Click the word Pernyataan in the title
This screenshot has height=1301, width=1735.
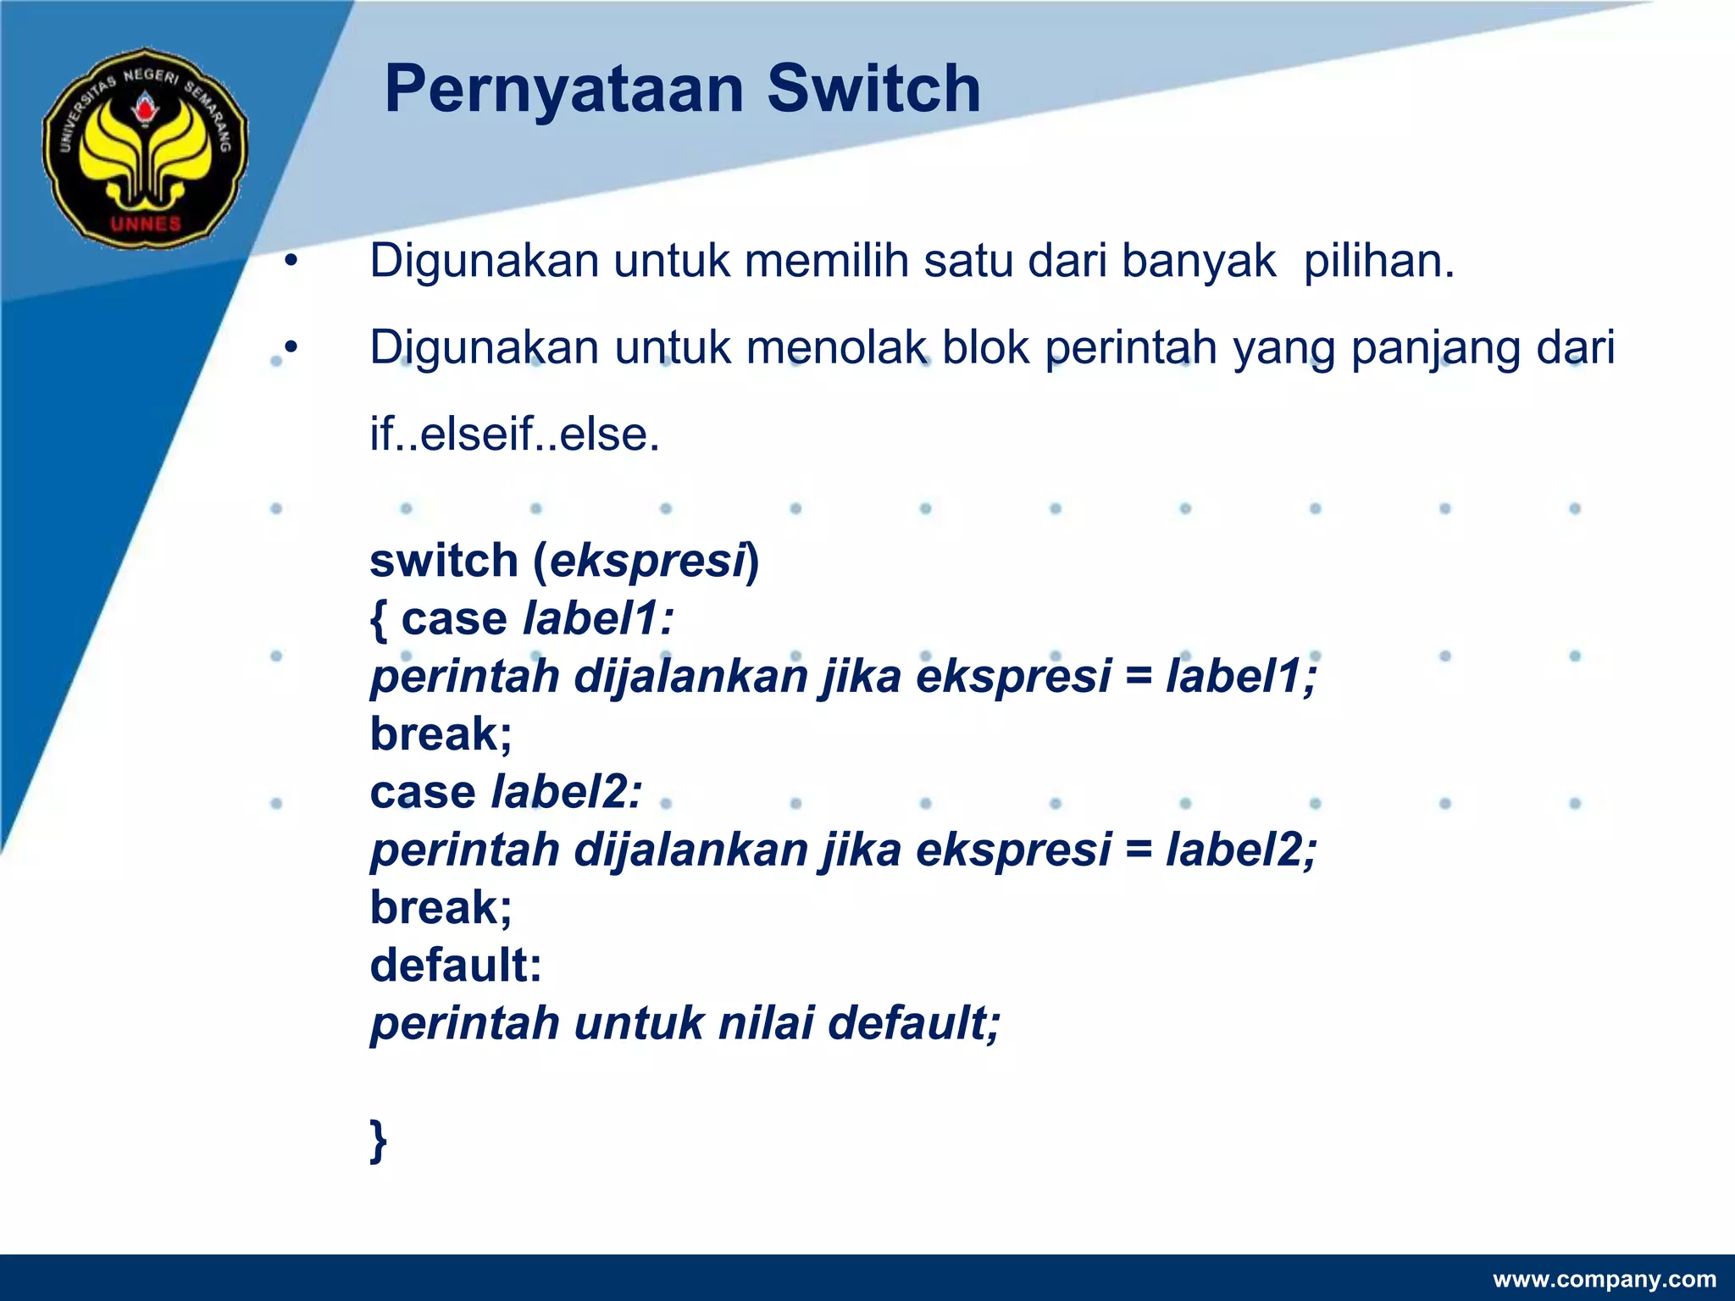tap(563, 89)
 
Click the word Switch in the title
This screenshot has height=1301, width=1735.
tap(873, 89)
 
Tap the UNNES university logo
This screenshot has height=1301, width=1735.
tap(146, 147)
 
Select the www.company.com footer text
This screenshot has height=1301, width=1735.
tap(1604, 1279)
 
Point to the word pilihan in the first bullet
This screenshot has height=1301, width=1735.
tap(1378, 261)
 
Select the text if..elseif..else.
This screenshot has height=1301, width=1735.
tap(514, 435)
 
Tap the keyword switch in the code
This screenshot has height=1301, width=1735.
tap(444, 561)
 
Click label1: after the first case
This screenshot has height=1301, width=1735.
tap(598, 618)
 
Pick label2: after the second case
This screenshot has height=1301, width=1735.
tap(567, 792)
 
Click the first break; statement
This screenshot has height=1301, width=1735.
tap(441, 734)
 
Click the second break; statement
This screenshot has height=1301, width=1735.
tap(441, 907)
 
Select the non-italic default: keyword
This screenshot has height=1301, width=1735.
tap(456, 965)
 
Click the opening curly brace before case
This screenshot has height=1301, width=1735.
tap(378, 619)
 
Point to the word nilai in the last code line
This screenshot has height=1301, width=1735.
tap(766, 1023)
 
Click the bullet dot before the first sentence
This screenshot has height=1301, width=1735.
tap(291, 261)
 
